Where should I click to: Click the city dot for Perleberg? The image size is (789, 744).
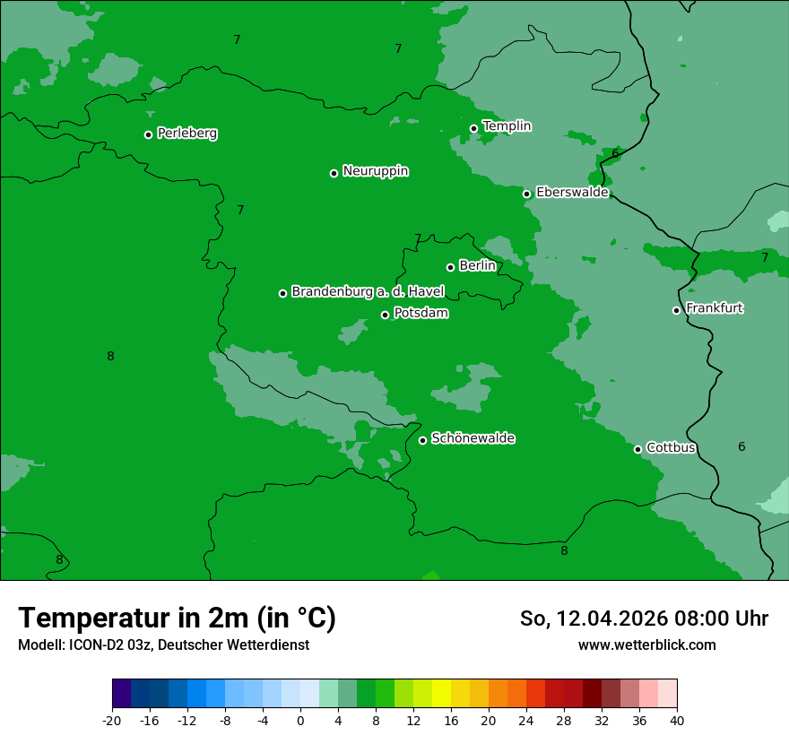tap(148, 134)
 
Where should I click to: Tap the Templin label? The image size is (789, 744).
tap(507, 126)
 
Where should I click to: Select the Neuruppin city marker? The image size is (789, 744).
tap(334, 173)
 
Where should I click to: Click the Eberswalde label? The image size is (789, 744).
tap(572, 193)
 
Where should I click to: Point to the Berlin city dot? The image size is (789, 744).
tap(450, 267)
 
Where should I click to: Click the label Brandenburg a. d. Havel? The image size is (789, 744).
tap(368, 292)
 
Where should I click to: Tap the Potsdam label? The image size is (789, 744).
tap(421, 314)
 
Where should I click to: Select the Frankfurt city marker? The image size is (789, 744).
tap(676, 310)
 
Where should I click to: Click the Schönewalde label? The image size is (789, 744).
tap(473, 438)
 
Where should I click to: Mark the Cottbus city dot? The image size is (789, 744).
tap(637, 449)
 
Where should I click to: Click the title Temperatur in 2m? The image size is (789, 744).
tap(177, 619)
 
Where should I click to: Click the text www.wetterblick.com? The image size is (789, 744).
tap(646, 645)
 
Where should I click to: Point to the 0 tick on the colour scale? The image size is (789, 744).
tap(300, 721)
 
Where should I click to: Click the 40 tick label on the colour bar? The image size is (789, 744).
tap(677, 721)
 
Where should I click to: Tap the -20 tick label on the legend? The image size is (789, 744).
tap(112, 721)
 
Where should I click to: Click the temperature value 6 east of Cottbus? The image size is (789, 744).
tap(741, 447)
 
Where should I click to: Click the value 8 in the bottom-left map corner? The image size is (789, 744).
tap(59, 560)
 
